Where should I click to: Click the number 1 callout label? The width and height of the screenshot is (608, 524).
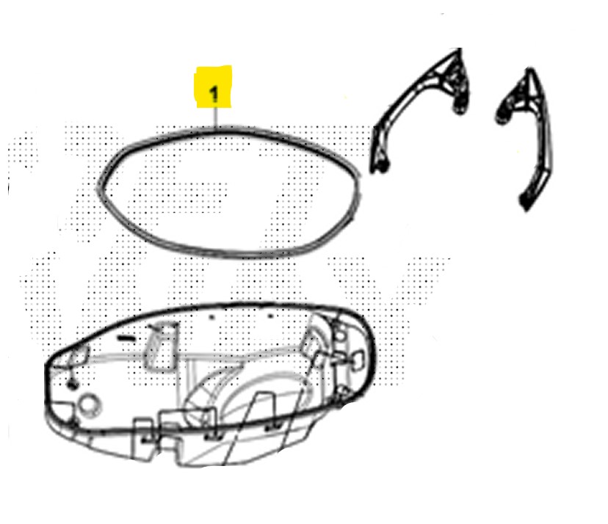(214, 95)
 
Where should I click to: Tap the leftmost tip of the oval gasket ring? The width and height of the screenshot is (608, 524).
(98, 189)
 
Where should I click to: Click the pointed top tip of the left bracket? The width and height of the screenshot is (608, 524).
(460, 49)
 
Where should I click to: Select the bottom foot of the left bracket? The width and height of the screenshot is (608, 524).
(382, 166)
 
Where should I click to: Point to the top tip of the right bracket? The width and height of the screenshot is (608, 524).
(530, 70)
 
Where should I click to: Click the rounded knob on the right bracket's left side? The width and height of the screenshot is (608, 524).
(503, 114)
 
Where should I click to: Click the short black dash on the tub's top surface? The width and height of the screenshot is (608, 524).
(126, 338)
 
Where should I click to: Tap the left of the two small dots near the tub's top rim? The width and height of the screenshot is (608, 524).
(211, 316)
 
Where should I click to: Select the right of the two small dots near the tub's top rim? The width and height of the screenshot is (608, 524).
(271, 316)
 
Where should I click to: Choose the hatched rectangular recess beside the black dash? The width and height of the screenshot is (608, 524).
(160, 346)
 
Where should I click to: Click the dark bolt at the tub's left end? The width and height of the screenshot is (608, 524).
(72, 385)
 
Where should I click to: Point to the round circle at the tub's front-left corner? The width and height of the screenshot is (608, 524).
(90, 405)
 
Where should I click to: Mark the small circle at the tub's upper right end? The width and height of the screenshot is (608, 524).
(341, 333)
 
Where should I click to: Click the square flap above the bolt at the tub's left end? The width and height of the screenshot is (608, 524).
(78, 356)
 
